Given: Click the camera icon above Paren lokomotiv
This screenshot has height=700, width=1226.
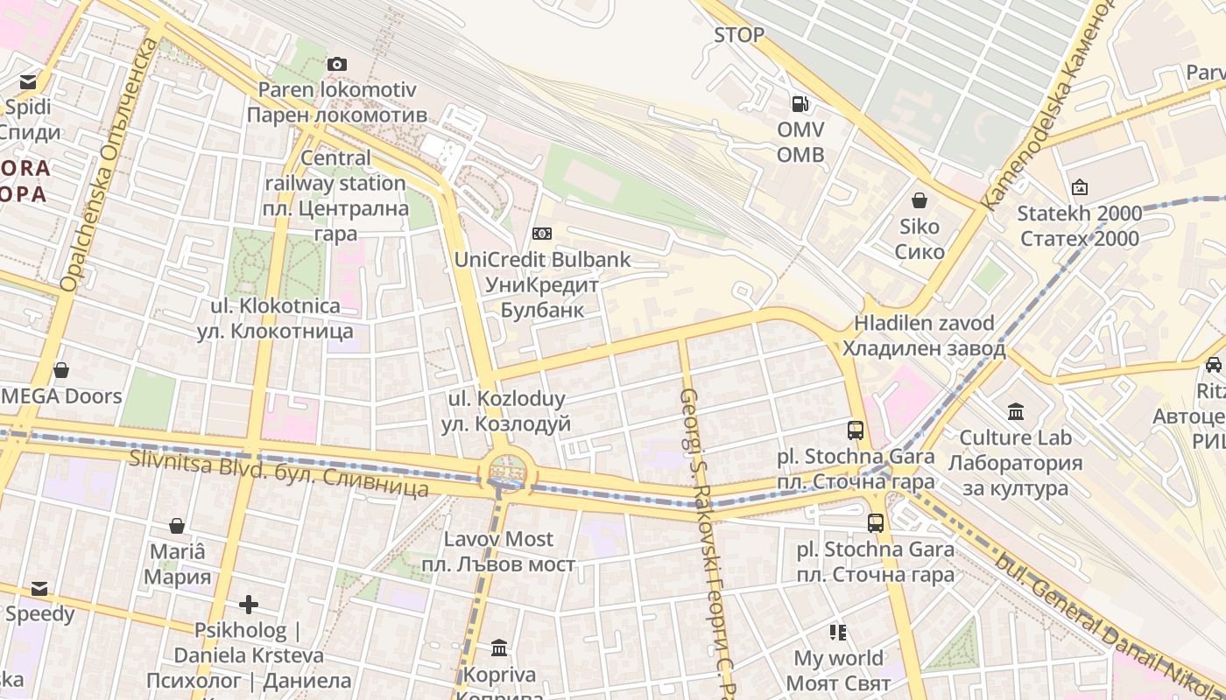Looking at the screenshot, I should point(337,64).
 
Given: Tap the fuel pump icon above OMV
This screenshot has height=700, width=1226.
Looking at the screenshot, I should point(800,104).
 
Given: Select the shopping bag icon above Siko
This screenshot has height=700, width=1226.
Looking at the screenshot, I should point(919,200).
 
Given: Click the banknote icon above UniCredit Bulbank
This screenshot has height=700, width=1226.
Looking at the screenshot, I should point(542,234).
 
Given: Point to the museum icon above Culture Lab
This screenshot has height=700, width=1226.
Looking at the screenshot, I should point(1016,411).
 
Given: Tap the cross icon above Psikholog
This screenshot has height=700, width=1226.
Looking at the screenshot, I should point(249,605).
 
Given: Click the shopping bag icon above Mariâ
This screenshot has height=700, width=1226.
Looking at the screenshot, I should point(177,526).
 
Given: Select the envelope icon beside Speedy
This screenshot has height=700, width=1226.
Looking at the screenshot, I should point(39,588).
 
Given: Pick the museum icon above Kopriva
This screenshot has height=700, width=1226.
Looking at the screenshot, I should point(499,648).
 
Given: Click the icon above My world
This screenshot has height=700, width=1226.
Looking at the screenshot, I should point(838,632).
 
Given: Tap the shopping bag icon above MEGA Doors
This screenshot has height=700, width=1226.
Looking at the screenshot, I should point(61,370).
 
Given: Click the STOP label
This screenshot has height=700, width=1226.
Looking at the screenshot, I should point(739,35).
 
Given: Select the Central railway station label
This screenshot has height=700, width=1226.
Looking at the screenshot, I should point(336,196).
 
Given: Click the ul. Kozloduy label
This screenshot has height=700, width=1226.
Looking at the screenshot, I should point(510,411).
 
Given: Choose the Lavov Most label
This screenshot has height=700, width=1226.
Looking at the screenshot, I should point(498,551).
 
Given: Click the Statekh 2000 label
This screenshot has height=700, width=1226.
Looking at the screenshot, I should point(1079,226).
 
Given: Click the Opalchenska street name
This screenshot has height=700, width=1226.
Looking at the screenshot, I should point(109,166).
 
